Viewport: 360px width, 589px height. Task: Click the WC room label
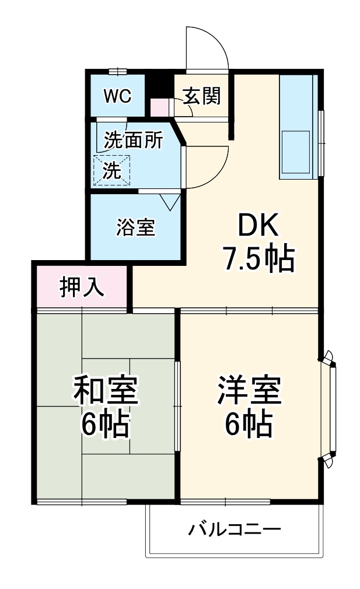117,96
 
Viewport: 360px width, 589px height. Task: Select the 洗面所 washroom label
134,141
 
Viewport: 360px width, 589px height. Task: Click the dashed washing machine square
112,170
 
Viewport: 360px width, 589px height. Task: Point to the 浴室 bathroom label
136,228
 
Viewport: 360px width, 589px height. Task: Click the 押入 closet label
82,287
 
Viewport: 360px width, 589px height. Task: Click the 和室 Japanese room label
106,391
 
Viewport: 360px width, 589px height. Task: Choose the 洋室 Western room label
250,391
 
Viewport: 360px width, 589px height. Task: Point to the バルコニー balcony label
235,530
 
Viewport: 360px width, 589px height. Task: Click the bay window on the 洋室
331,409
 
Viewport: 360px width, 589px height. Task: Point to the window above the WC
117,72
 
